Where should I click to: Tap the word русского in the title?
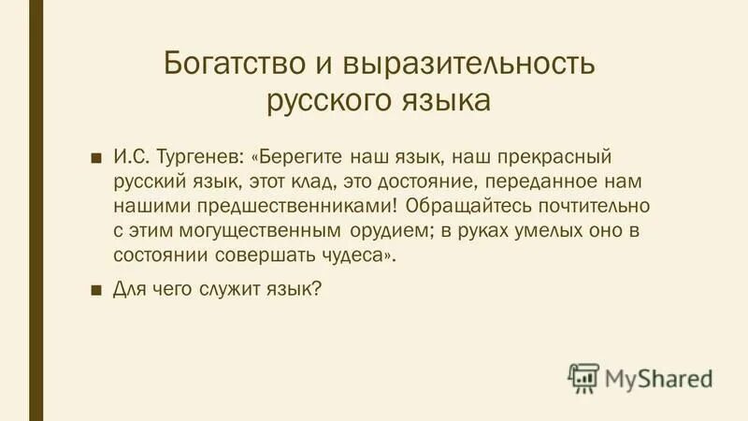[324, 99]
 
